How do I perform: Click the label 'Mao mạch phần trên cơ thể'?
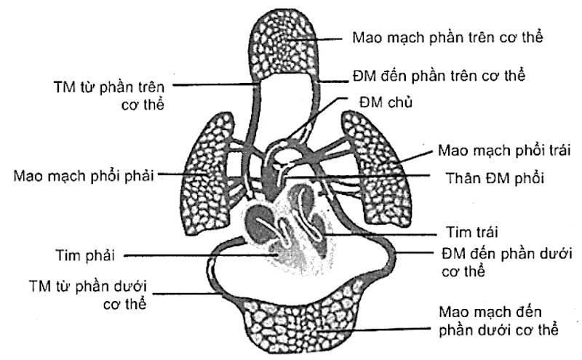[x=447, y=36]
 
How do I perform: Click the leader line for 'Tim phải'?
[x=196, y=255]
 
